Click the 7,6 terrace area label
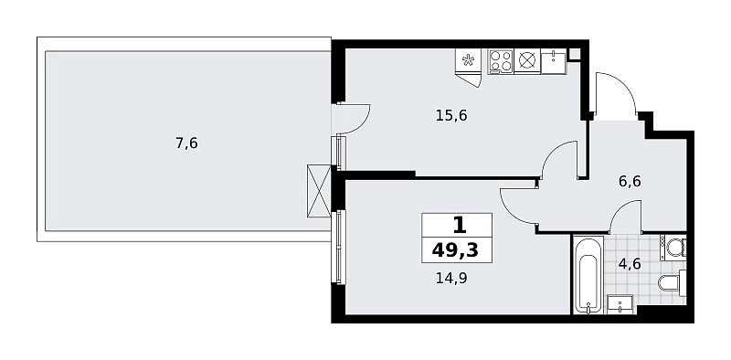pyautogui.click(x=186, y=143)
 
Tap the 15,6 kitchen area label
pyautogui.click(x=451, y=115)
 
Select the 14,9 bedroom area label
pyautogui.click(x=451, y=279)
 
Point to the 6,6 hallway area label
pyautogui.click(x=630, y=181)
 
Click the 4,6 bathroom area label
pyautogui.click(x=630, y=264)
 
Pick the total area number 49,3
pyautogui.click(x=455, y=250)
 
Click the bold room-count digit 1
pyautogui.click(x=459, y=227)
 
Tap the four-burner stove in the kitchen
pyautogui.click(x=501, y=61)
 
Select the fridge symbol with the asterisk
pyautogui.click(x=468, y=60)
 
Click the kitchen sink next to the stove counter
pyautogui.click(x=554, y=61)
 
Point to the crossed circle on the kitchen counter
pyautogui.click(x=527, y=61)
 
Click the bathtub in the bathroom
pyautogui.click(x=588, y=275)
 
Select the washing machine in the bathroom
pyautogui.click(x=673, y=248)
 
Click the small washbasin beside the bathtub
pyautogui.click(x=620, y=304)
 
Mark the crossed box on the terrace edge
pyautogui.click(x=319, y=191)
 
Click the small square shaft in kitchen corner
pyautogui.click(x=575, y=54)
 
